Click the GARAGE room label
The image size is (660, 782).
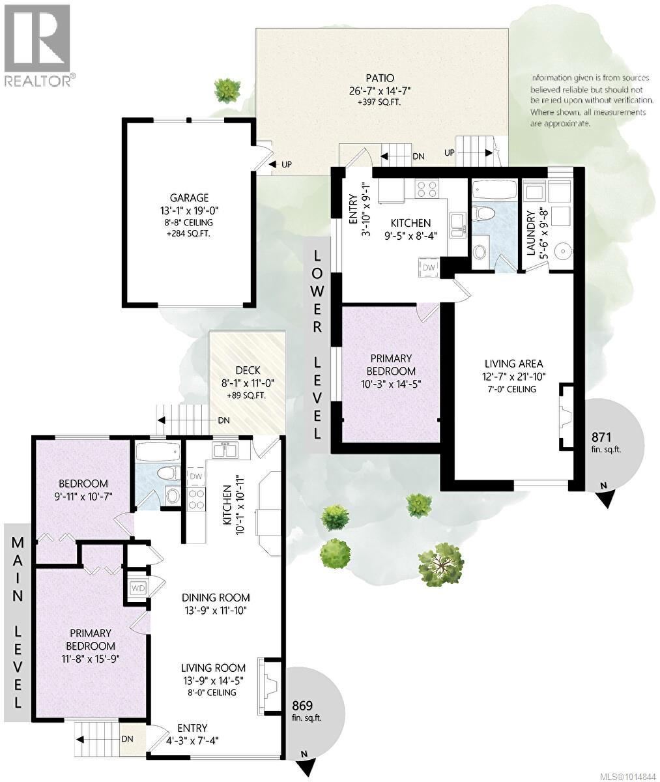click(x=190, y=197)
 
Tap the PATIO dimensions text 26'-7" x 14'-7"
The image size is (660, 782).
click(x=382, y=92)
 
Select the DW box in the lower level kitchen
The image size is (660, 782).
click(x=429, y=267)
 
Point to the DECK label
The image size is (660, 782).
click(x=246, y=371)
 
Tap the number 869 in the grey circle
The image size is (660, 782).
click(x=304, y=706)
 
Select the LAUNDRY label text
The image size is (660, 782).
click(x=530, y=233)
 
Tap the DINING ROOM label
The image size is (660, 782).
click(x=215, y=598)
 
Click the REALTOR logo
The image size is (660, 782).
click(x=38, y=46)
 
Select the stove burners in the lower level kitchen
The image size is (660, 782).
click(x=427, y=189)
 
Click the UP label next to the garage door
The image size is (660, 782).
click(x=286, y=165)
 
